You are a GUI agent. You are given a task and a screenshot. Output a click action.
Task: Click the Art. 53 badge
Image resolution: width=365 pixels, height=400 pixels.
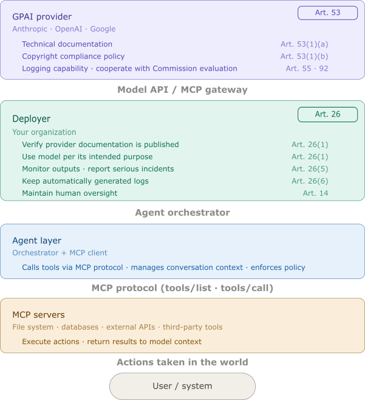pyautogui.click(x=327, y=13)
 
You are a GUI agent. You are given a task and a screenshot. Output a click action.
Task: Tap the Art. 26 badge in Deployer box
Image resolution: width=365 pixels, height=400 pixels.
pyautogui.click(x=327, y=114)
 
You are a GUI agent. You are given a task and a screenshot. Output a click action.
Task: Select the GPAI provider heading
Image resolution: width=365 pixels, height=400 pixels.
pyautogui.click(x=42, y=17)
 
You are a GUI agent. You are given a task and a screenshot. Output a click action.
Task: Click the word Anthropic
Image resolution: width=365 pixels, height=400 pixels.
pyautogui.click(x=30, y=29)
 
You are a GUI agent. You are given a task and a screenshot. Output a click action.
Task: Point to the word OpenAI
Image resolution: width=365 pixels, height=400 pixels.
pyautogui.click(x=69, y=29)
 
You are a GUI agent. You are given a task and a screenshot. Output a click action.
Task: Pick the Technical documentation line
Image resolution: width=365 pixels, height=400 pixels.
pyautogui.click(x=67, y=44)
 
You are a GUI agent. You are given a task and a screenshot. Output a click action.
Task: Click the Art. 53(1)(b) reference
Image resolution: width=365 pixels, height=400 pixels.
pyautogui.click(x=304, y=57)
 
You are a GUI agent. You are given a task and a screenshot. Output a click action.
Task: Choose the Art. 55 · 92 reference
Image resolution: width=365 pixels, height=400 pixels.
pyautogui.click(x=307, y=69)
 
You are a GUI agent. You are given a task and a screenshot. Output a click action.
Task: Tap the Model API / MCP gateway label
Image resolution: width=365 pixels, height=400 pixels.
pyautogui.click(x=182, y=90)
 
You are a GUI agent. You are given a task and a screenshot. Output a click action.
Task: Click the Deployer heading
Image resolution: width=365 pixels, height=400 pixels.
pyautogui.click(x=32, y=119)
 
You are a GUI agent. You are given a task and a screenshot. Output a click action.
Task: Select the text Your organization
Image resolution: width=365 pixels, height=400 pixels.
pyautogui.click(x=44, y=132)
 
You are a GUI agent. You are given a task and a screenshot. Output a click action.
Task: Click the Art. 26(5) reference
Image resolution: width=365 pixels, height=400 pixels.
pyautogui.click(x=310, y=169)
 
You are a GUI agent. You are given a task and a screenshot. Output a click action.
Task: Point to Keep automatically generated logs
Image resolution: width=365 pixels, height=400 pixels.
pyautogui.click(x=86, y=181)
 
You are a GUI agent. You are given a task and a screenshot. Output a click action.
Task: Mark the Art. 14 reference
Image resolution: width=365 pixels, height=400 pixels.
pyautogui.click(x=316, y=193)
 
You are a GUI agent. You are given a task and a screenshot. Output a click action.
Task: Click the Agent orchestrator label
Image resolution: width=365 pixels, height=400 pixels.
pyautogui.click(x=182, y=213)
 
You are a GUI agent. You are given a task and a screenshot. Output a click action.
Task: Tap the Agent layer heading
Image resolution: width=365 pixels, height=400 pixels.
pyautogui.click(x=37, y=241)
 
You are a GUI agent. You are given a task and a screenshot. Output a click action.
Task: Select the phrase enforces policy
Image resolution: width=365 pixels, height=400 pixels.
pyautogui.click(x=278, y=267)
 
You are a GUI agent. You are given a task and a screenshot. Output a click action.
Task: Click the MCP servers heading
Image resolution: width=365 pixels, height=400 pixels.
pyautogui.click(x=38, y=315)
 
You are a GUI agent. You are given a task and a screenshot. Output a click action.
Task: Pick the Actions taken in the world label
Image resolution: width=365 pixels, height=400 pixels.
pyautogui.click(x=182, y=362)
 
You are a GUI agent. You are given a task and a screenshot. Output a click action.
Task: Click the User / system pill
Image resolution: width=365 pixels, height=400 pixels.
pyautogui.click(x=182, y=386)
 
